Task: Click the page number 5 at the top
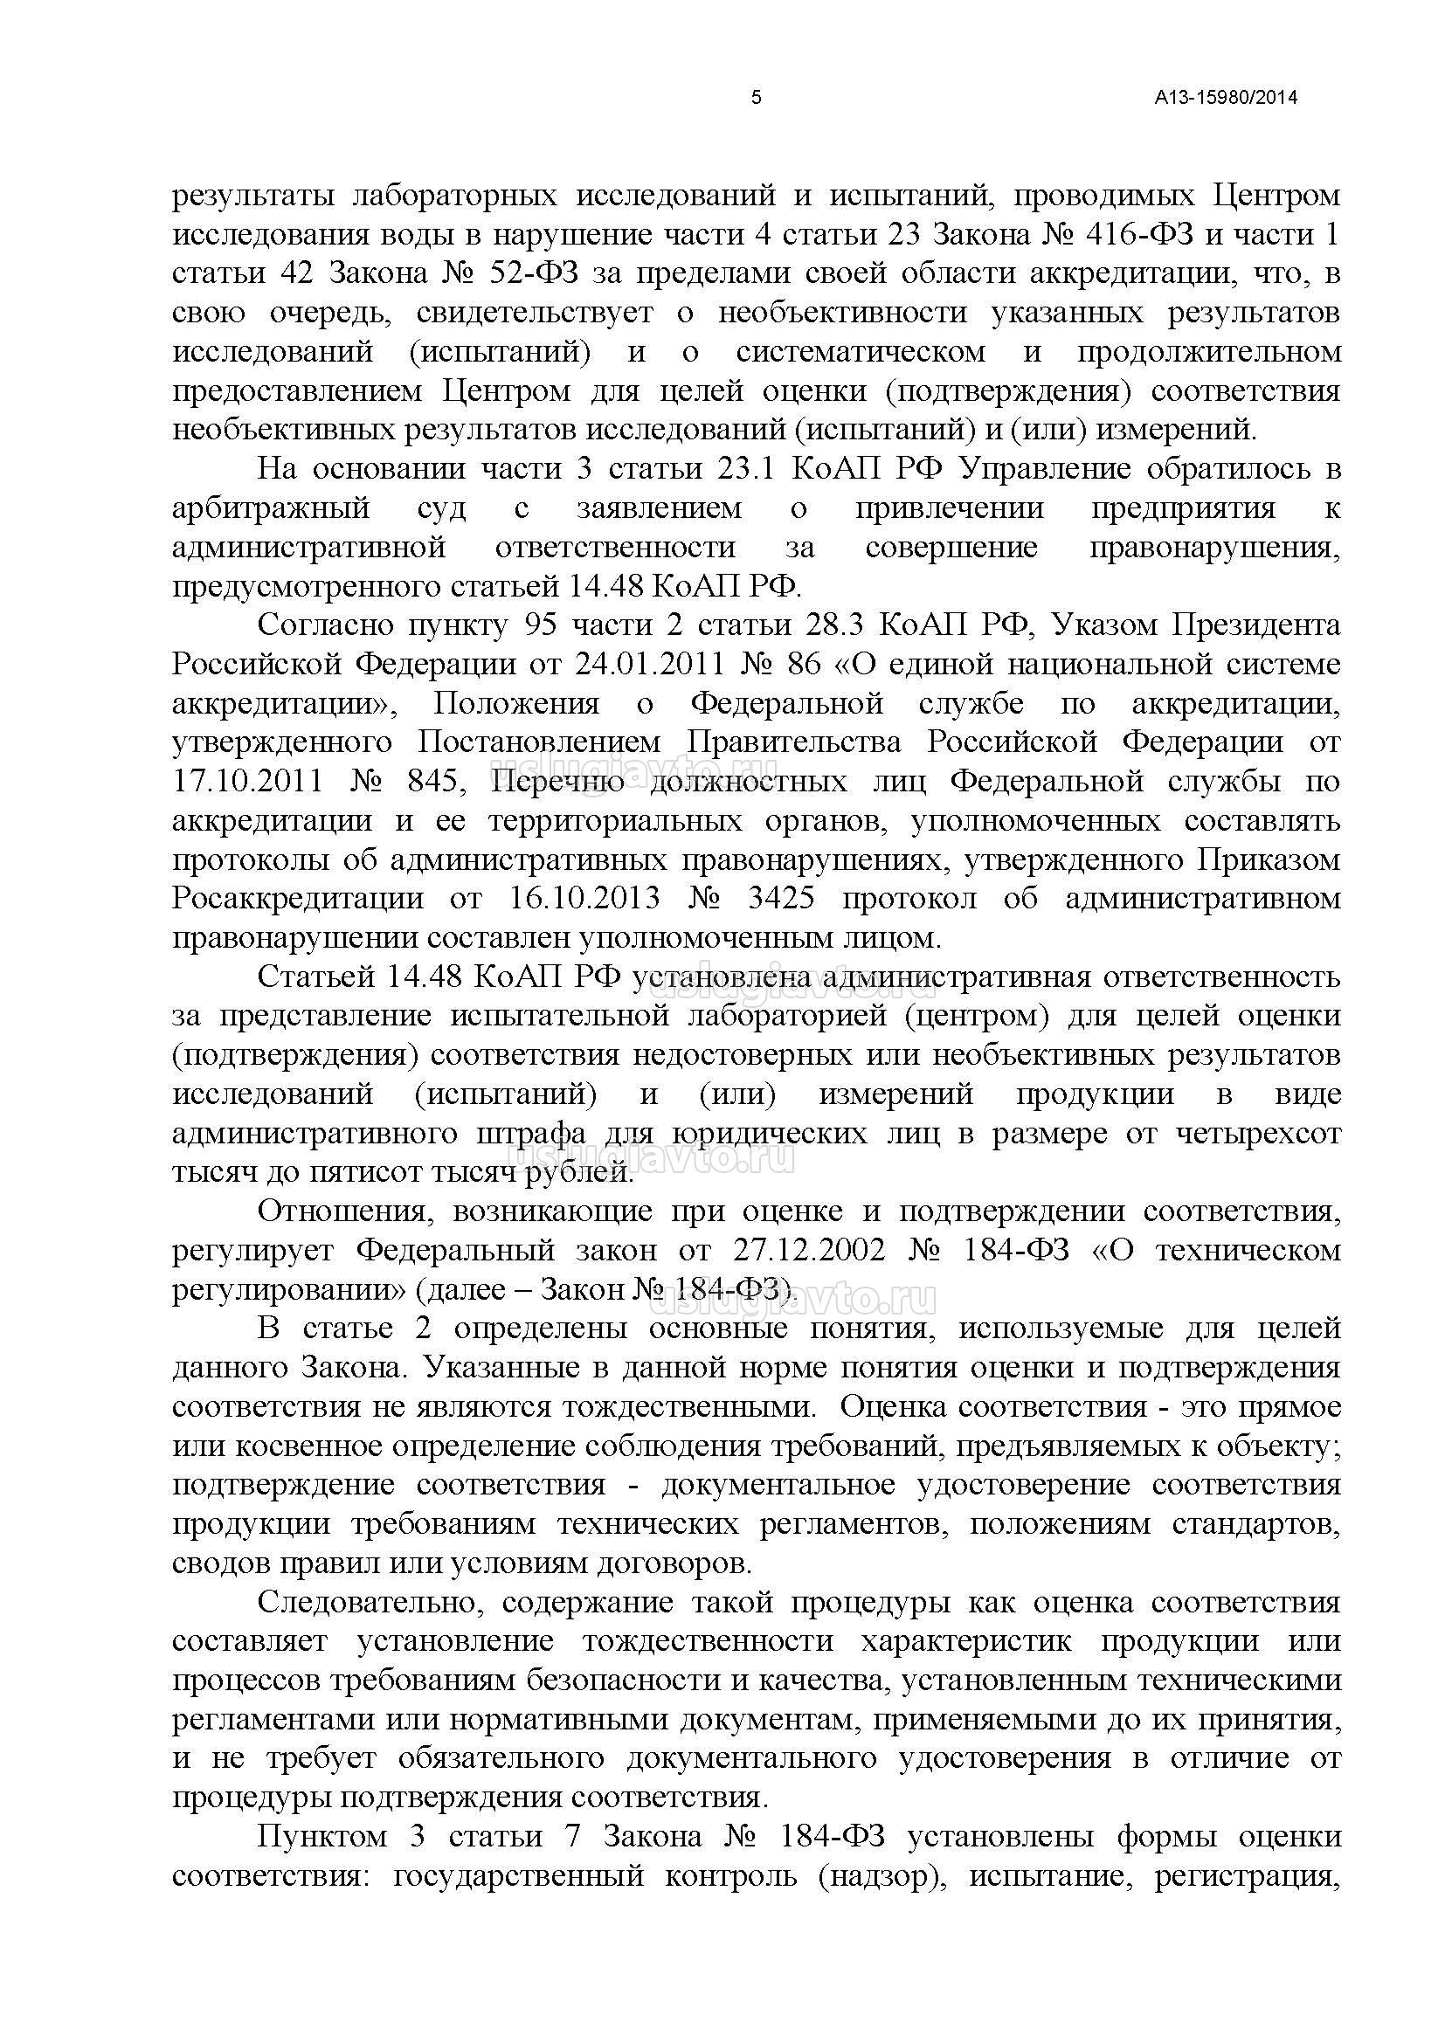tap(757, 98)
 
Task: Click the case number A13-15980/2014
tap(1226, 98)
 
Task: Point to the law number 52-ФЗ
tap(534, 273)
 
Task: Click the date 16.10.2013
tap(584, 900)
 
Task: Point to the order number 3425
tap(780, 900)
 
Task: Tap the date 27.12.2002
tap(810, 1251)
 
